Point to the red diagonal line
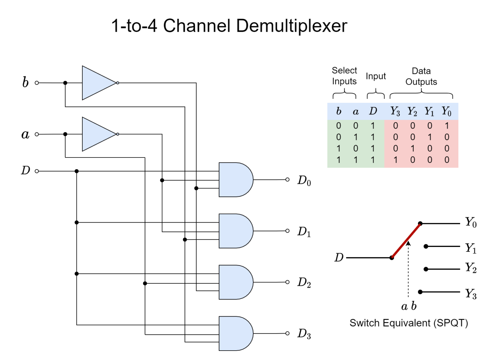(x=406, y=241)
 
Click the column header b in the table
(x=338, y=111)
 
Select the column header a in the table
(x=356, y=112)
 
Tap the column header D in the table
(x=373, y=111)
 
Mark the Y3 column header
(x=395, y=111)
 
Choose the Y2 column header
(x=412, y=111)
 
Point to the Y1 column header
(x=429, y=111)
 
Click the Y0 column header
(x=446, y=111)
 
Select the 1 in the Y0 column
(x=447, y=126)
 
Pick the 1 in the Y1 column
(x=430, y=137)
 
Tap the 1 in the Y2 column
(x=412, y=148)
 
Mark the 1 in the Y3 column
(x=395, y=160)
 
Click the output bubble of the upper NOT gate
(x=117, y=83)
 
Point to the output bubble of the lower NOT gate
(x=117, y=134)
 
